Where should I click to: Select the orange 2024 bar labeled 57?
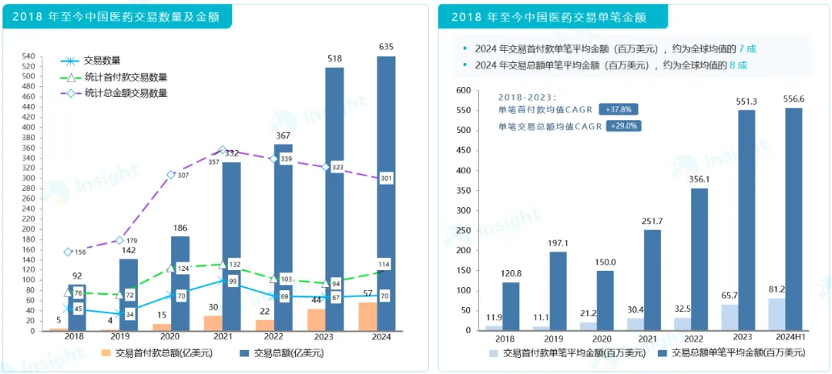point(368,317)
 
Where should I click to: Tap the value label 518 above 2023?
point(334,58)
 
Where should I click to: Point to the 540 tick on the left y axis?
point(29,56)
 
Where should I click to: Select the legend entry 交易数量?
point(102,60)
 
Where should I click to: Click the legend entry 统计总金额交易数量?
point(126,93)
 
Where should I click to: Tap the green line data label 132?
point(236,265)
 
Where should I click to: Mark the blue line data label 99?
point(232,282)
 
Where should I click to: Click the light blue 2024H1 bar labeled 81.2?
point(777,314)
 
